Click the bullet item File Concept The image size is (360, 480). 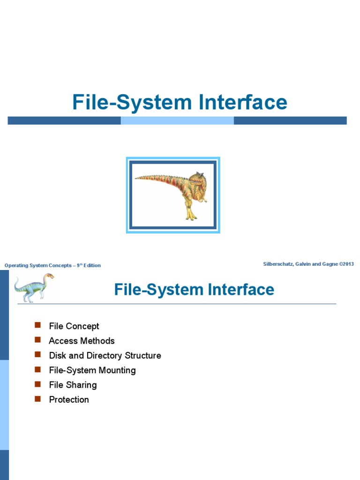point(74,326)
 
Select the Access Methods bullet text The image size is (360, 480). point(82,341)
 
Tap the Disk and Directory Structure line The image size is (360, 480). point(105,355)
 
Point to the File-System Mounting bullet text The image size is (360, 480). point(92,370)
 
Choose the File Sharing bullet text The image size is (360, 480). point(73,385)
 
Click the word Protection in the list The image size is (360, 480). point(69,399)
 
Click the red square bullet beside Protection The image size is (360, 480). point(38,399)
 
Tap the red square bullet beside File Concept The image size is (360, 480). point(38,326)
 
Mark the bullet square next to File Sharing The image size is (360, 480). point(38,384)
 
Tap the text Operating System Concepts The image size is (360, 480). point(37,265)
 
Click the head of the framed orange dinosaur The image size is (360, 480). point(197,180)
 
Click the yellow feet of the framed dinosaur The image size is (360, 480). point(190,216)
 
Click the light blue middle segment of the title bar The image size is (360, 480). point(177,120)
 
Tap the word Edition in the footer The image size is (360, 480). point(92,265)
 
